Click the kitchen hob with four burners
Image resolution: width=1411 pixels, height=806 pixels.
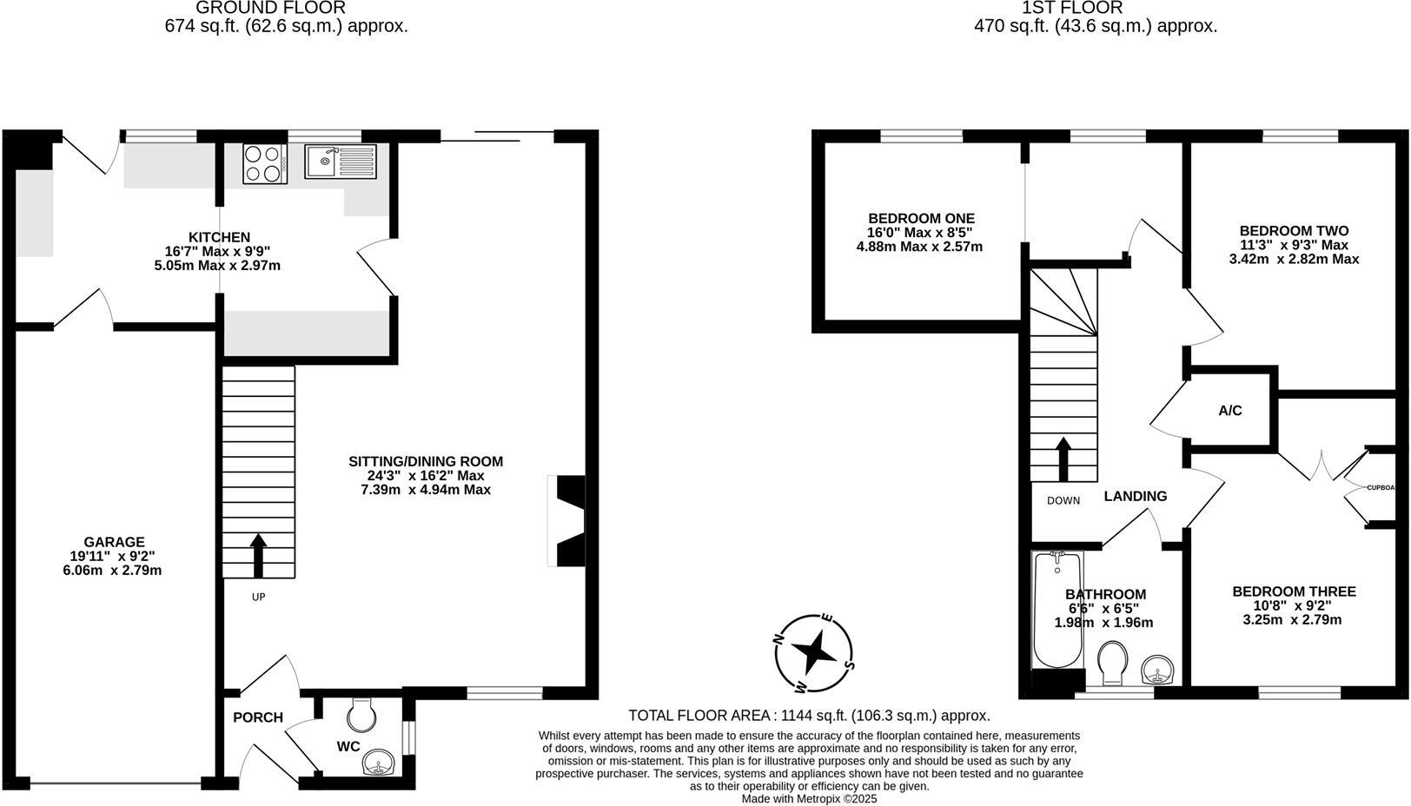(265, 163)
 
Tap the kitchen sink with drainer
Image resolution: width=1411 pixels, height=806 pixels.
(340, 162)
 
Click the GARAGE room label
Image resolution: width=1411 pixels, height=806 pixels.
(114, 542)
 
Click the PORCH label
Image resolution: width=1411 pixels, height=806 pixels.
(257, 717)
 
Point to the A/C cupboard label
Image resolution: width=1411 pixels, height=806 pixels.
(1229, 411)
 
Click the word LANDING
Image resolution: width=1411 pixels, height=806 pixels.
(1135, 496)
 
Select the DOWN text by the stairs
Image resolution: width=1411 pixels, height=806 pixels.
(1063, 501)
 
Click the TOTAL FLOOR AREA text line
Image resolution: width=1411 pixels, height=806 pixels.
(809, 716)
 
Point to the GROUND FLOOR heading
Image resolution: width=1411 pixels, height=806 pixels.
(270, 9)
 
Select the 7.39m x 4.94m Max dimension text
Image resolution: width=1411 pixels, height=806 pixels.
(426, 490)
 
